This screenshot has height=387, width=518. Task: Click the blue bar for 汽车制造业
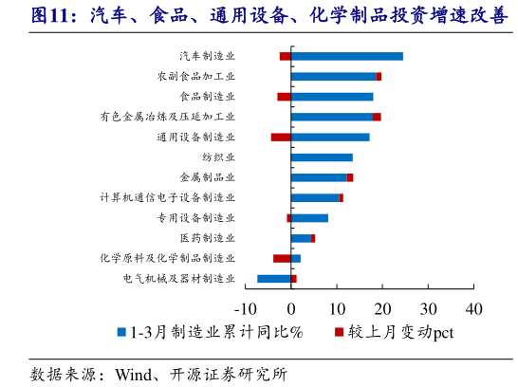[x=346, y=56]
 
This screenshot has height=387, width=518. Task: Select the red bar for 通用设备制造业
[x=281, y=137]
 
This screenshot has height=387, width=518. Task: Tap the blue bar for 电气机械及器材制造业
[x=274, y=278]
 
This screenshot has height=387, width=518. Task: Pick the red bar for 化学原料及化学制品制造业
[x=282, y=258]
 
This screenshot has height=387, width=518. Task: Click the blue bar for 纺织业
[x=322, y=157]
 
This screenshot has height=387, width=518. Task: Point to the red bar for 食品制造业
[x=284, y=97]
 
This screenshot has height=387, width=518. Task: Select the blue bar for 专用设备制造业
[x=309, y=217]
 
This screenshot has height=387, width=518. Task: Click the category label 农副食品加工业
[x=196, y=76]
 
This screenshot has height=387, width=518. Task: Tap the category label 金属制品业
[x=207, y=177]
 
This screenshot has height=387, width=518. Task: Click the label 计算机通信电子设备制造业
[x=168, y=197]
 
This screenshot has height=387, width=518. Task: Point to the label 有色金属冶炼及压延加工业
[x=168, y=117]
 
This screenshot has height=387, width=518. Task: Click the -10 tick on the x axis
[x=246, y=308]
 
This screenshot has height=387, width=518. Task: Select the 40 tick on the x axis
[x=474, y=308]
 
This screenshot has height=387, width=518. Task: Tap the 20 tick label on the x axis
[x=382, y=308]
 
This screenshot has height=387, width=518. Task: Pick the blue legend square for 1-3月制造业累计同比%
[x=120, y=332]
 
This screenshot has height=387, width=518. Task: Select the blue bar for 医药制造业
[x=301, y=238]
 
